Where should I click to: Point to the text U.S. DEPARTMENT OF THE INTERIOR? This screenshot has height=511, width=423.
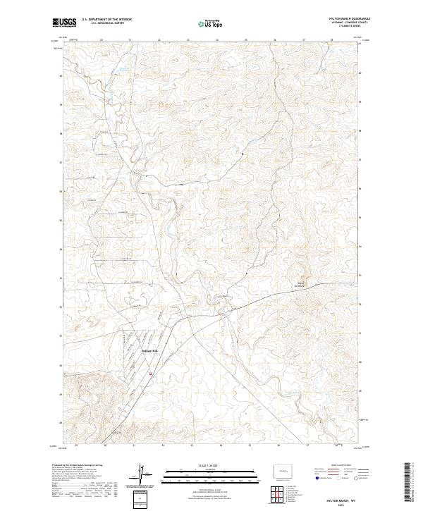106,20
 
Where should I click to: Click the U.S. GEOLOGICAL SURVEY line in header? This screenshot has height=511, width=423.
106,24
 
